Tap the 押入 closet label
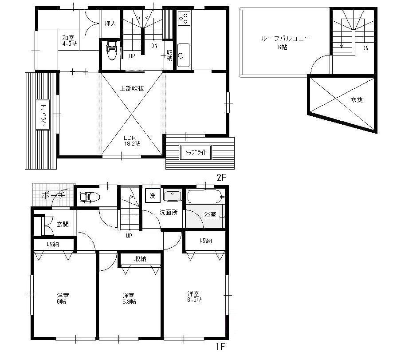[110, 24]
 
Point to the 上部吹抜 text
[132, 88]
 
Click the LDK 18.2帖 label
[132, 140]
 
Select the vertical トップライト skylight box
[43, 115]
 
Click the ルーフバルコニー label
[285, 42]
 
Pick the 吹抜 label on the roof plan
[357, 100]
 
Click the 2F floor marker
[221, 177]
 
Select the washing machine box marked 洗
[152, 196]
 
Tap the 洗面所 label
[169, 213]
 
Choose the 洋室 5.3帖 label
[129, 298]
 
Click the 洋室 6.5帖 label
[195, 297]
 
